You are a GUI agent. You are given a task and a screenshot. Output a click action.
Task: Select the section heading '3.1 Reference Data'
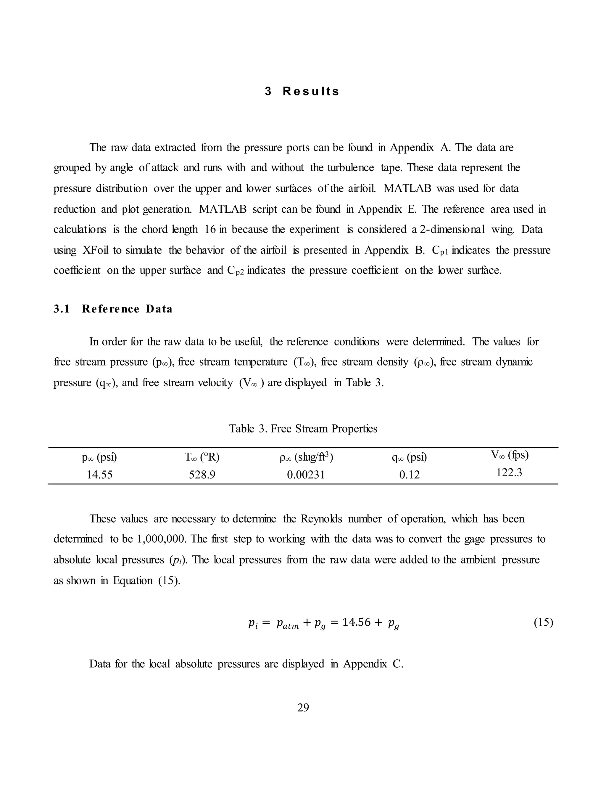(113, 309)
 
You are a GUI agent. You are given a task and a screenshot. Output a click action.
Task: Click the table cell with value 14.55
(99, 475)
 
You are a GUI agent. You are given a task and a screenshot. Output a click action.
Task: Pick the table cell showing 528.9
(202, 475)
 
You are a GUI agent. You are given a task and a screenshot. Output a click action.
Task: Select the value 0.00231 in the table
(306, 475)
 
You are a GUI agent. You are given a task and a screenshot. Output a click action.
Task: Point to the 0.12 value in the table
(409, 475)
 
